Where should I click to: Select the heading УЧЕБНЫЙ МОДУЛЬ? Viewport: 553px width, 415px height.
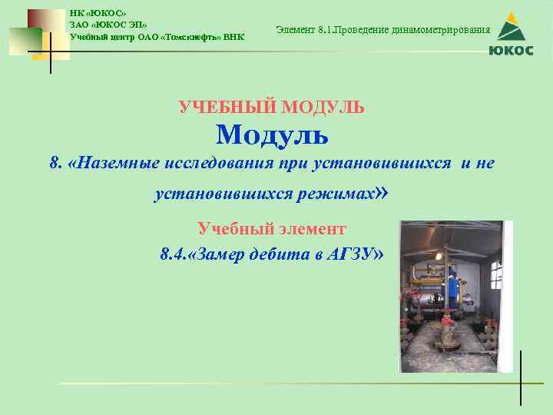pos(272,107)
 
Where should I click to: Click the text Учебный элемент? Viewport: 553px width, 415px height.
pos(272,228)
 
